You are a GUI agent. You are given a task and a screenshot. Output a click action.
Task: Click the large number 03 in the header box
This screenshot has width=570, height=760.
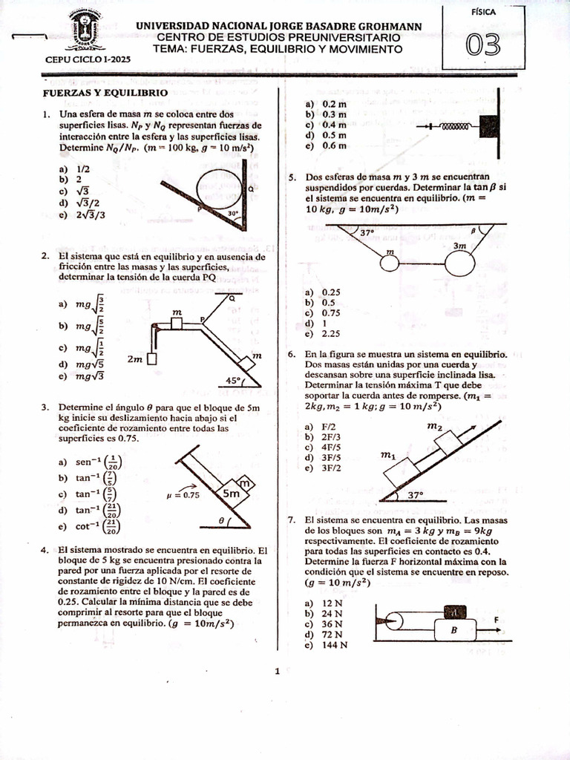[x=483, y=46]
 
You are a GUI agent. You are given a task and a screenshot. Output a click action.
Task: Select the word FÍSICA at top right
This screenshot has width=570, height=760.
[x=484, y=13]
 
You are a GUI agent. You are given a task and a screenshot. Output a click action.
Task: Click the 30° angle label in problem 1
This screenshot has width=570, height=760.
[x=233, y=213]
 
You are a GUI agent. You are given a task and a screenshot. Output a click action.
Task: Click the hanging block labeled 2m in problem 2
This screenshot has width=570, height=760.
[x=151, y=359]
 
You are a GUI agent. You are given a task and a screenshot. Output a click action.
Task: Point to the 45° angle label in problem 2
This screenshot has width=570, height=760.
[x=235, y=381]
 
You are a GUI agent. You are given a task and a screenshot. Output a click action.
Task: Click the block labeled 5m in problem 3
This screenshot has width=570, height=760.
[x=231, y=492]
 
